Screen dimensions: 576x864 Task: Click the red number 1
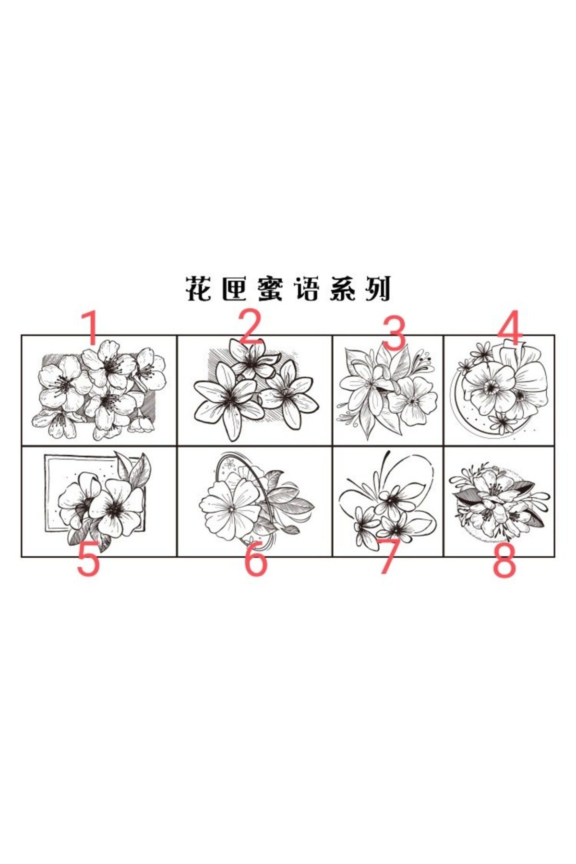tap(91, 328)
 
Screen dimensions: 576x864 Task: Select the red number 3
tap(395, 332)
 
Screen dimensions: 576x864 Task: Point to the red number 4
tap(510, 328)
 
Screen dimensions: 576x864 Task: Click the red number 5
tap(88, 558)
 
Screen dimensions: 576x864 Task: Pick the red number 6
tap(256, 558)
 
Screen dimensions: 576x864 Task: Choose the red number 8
tap(504, 560)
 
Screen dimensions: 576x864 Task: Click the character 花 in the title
tap(199, 288)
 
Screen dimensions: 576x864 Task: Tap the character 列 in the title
tap(378, 288)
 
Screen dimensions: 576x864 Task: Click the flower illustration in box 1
tap(99, 390)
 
